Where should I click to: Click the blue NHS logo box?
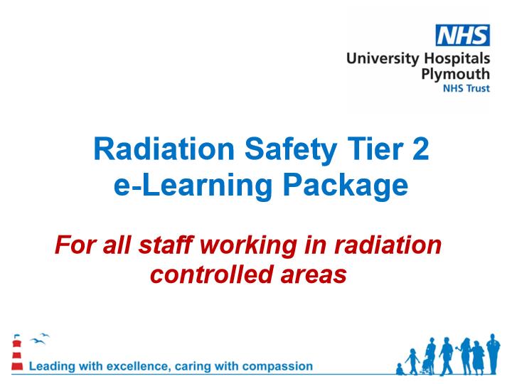tap(463, 35)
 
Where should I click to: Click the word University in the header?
tap(383, 59)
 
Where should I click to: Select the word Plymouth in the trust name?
tap(456, 75)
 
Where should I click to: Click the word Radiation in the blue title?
tap(164, 149)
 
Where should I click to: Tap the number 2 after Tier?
tap(420, 149)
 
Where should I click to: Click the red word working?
tap(249, 246)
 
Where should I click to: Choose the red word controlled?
tap(212, 274)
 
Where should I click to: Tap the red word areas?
tap(314, 276)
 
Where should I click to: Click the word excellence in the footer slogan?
tap(139, 366)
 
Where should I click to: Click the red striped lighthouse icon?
tap(16, 353)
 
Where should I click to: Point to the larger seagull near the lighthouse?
tap(38, 341)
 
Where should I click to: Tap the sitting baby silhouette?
tap(400, 369)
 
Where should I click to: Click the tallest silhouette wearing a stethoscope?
tap(493, 354)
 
